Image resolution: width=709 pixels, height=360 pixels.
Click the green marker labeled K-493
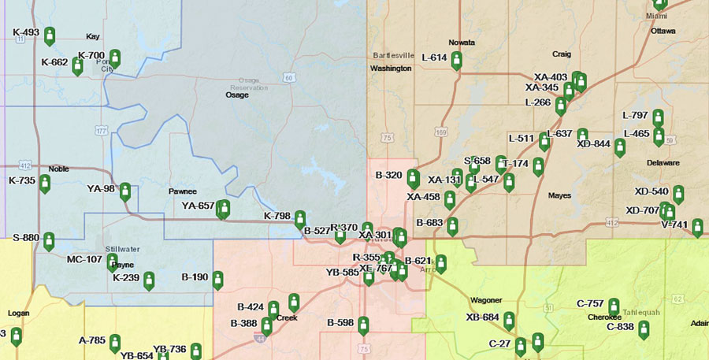coord(50,36)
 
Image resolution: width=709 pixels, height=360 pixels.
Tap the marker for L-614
coord(456,60)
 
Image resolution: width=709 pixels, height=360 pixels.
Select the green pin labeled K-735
coord(45,184)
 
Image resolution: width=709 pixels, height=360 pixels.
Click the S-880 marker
coord(50,240)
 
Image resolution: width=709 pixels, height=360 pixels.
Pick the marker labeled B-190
coord(218,280)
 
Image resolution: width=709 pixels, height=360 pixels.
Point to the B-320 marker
coord(413,179)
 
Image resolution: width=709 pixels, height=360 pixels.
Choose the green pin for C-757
coord(614,306)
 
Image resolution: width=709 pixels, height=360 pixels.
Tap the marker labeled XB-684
coord(509,321)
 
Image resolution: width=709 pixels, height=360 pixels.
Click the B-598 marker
coord(363,325)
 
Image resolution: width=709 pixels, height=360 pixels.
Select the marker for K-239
coord(149,280)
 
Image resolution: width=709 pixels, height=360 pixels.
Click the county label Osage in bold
coord(237,95)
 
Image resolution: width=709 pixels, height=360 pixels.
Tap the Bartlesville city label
coord(394,56)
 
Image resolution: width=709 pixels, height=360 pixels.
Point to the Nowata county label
coord(462,42)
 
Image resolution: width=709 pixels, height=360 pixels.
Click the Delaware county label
coord(663,163)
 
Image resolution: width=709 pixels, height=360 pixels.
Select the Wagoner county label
coord(485,300)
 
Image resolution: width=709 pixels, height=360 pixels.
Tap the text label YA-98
coord(101,188)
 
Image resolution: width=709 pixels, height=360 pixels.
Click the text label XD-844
coord(593,144)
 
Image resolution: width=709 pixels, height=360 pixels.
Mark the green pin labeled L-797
coord(658,118)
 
